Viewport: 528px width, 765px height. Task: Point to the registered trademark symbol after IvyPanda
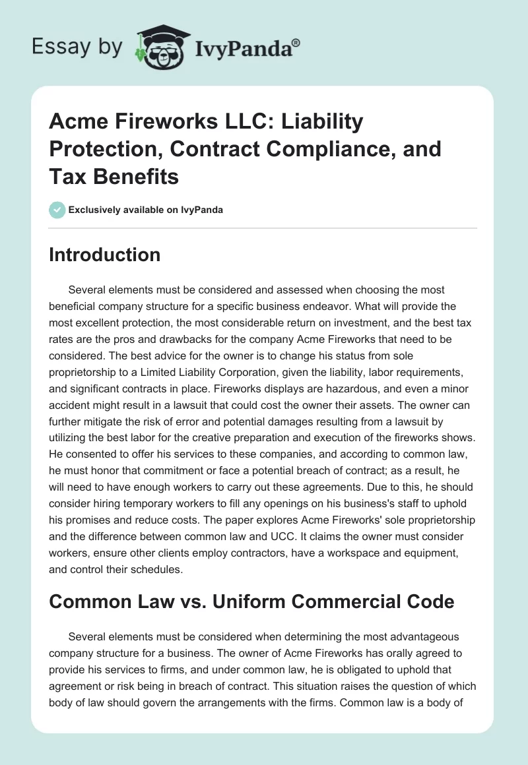tap(296, 42)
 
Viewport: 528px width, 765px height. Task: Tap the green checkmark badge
tap(57, 210)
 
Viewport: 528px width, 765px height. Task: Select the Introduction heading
tap(104, 255)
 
